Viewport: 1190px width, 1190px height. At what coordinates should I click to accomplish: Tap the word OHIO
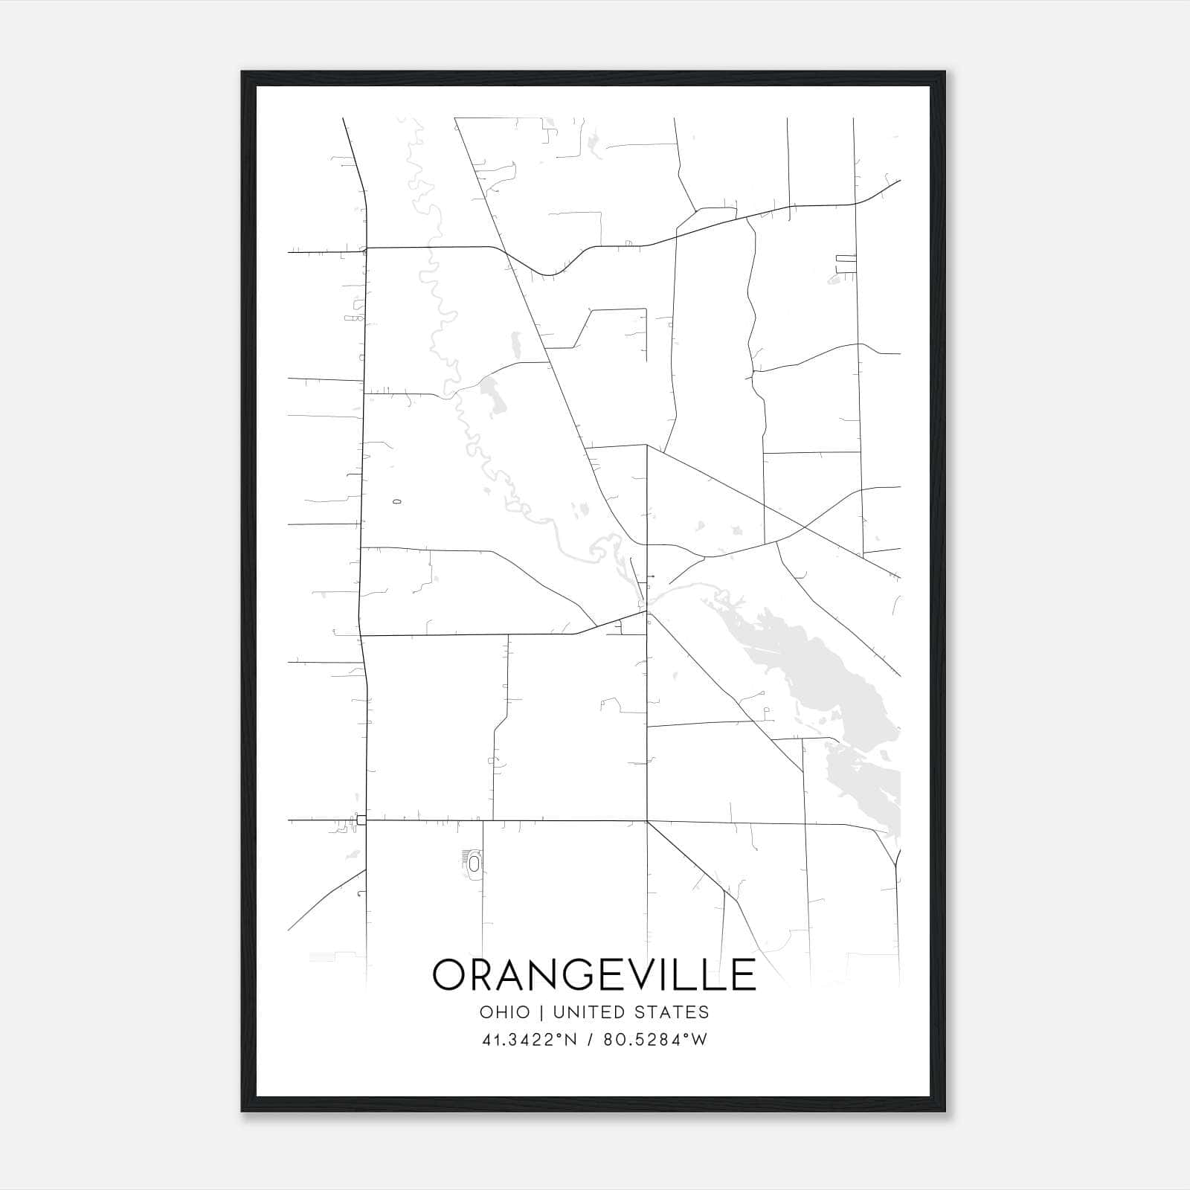pos(505,1012)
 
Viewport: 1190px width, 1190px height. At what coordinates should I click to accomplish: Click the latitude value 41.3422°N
pos(530,1040)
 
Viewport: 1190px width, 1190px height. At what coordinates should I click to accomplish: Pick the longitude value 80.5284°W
pos(654,1040)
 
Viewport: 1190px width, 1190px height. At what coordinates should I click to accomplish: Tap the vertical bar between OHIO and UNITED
pos(541,1012)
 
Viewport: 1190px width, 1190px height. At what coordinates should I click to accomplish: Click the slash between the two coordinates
pos(589,1040)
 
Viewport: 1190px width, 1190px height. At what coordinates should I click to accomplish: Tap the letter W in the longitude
pos(698,1040)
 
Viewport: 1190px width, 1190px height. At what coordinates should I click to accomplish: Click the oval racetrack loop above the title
pos(474,863)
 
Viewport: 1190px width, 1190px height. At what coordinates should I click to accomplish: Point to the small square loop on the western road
pos(361,820)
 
